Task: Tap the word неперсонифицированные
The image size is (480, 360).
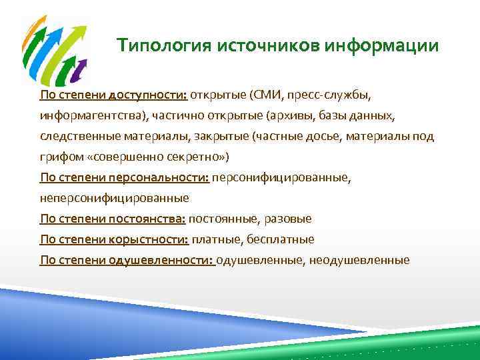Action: click(114, 198)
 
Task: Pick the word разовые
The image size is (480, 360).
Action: click(290, 219)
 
